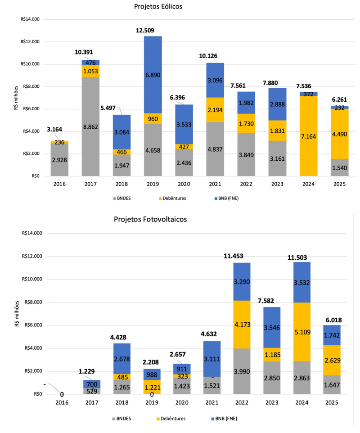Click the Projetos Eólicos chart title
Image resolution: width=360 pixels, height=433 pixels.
click(x=157, y=7)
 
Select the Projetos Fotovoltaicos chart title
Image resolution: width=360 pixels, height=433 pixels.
click(x=150, y=219)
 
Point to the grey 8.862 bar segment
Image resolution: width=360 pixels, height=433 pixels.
click(x=90, y=127)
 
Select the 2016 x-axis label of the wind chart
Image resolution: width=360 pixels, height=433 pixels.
click(x=59, y=184)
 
